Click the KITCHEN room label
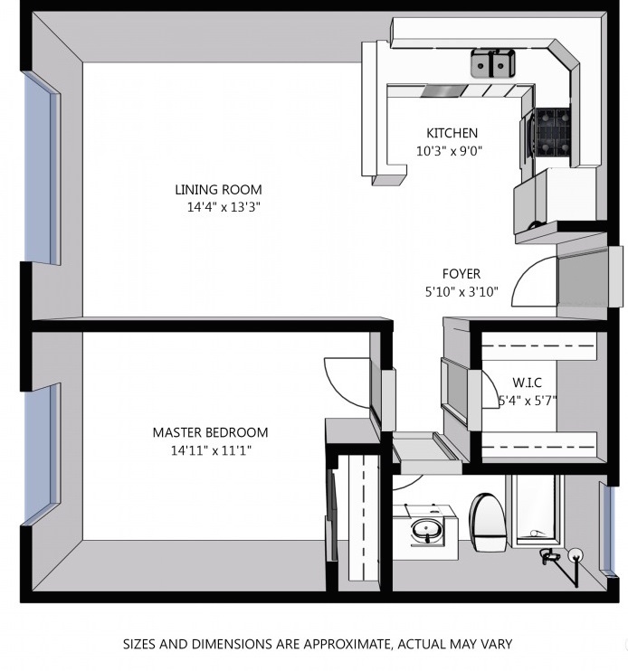[452, 133]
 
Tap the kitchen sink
[493, 63]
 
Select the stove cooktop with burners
[552, 131]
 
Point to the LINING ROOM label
[218, 190]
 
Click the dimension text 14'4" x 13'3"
[224, 208]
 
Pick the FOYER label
[461, 273]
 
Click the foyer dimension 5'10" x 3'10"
[461, 292]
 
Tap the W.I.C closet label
[527, 383]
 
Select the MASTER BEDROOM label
[210, 432]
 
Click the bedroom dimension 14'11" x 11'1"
[211, 450]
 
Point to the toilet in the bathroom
[488, 522]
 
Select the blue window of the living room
[41, 168]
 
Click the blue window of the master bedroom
[41, 455]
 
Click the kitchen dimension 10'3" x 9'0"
[450, 151]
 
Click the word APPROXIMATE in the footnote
[347, 644]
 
